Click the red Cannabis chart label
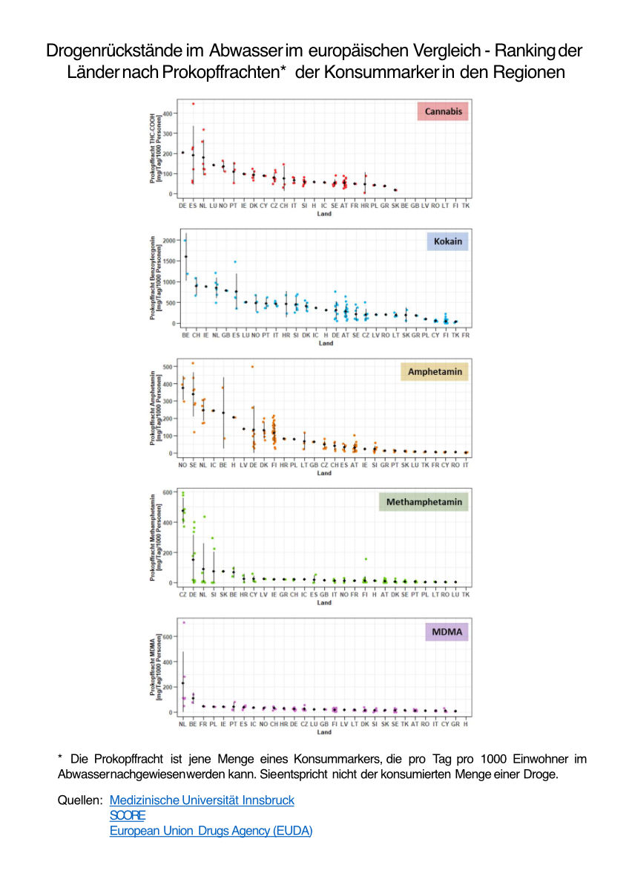443,111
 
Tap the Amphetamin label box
433,371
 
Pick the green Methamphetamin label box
423,502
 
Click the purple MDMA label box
445,632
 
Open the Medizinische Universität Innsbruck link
202,800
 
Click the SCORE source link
122,815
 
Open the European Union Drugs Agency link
211,831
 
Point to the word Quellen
79,800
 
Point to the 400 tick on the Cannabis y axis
168,114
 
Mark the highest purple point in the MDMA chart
184,622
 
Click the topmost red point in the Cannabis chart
194,104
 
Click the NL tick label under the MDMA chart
183,724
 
